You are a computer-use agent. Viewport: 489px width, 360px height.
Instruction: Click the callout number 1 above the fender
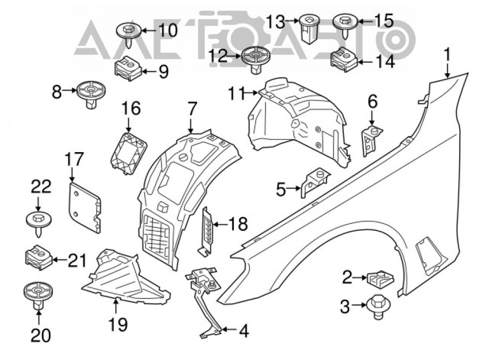point(449,54)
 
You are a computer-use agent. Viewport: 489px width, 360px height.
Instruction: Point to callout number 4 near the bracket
point(243,332)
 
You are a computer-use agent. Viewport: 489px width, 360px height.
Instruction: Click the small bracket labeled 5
point(313,184)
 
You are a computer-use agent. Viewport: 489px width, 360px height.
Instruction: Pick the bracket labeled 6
point(372,141)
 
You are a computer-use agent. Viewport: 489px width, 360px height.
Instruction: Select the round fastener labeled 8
point(90,93)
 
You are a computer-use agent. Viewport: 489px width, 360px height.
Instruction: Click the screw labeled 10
point(127,33)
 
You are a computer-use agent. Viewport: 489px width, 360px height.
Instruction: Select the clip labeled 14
point(341,59)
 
